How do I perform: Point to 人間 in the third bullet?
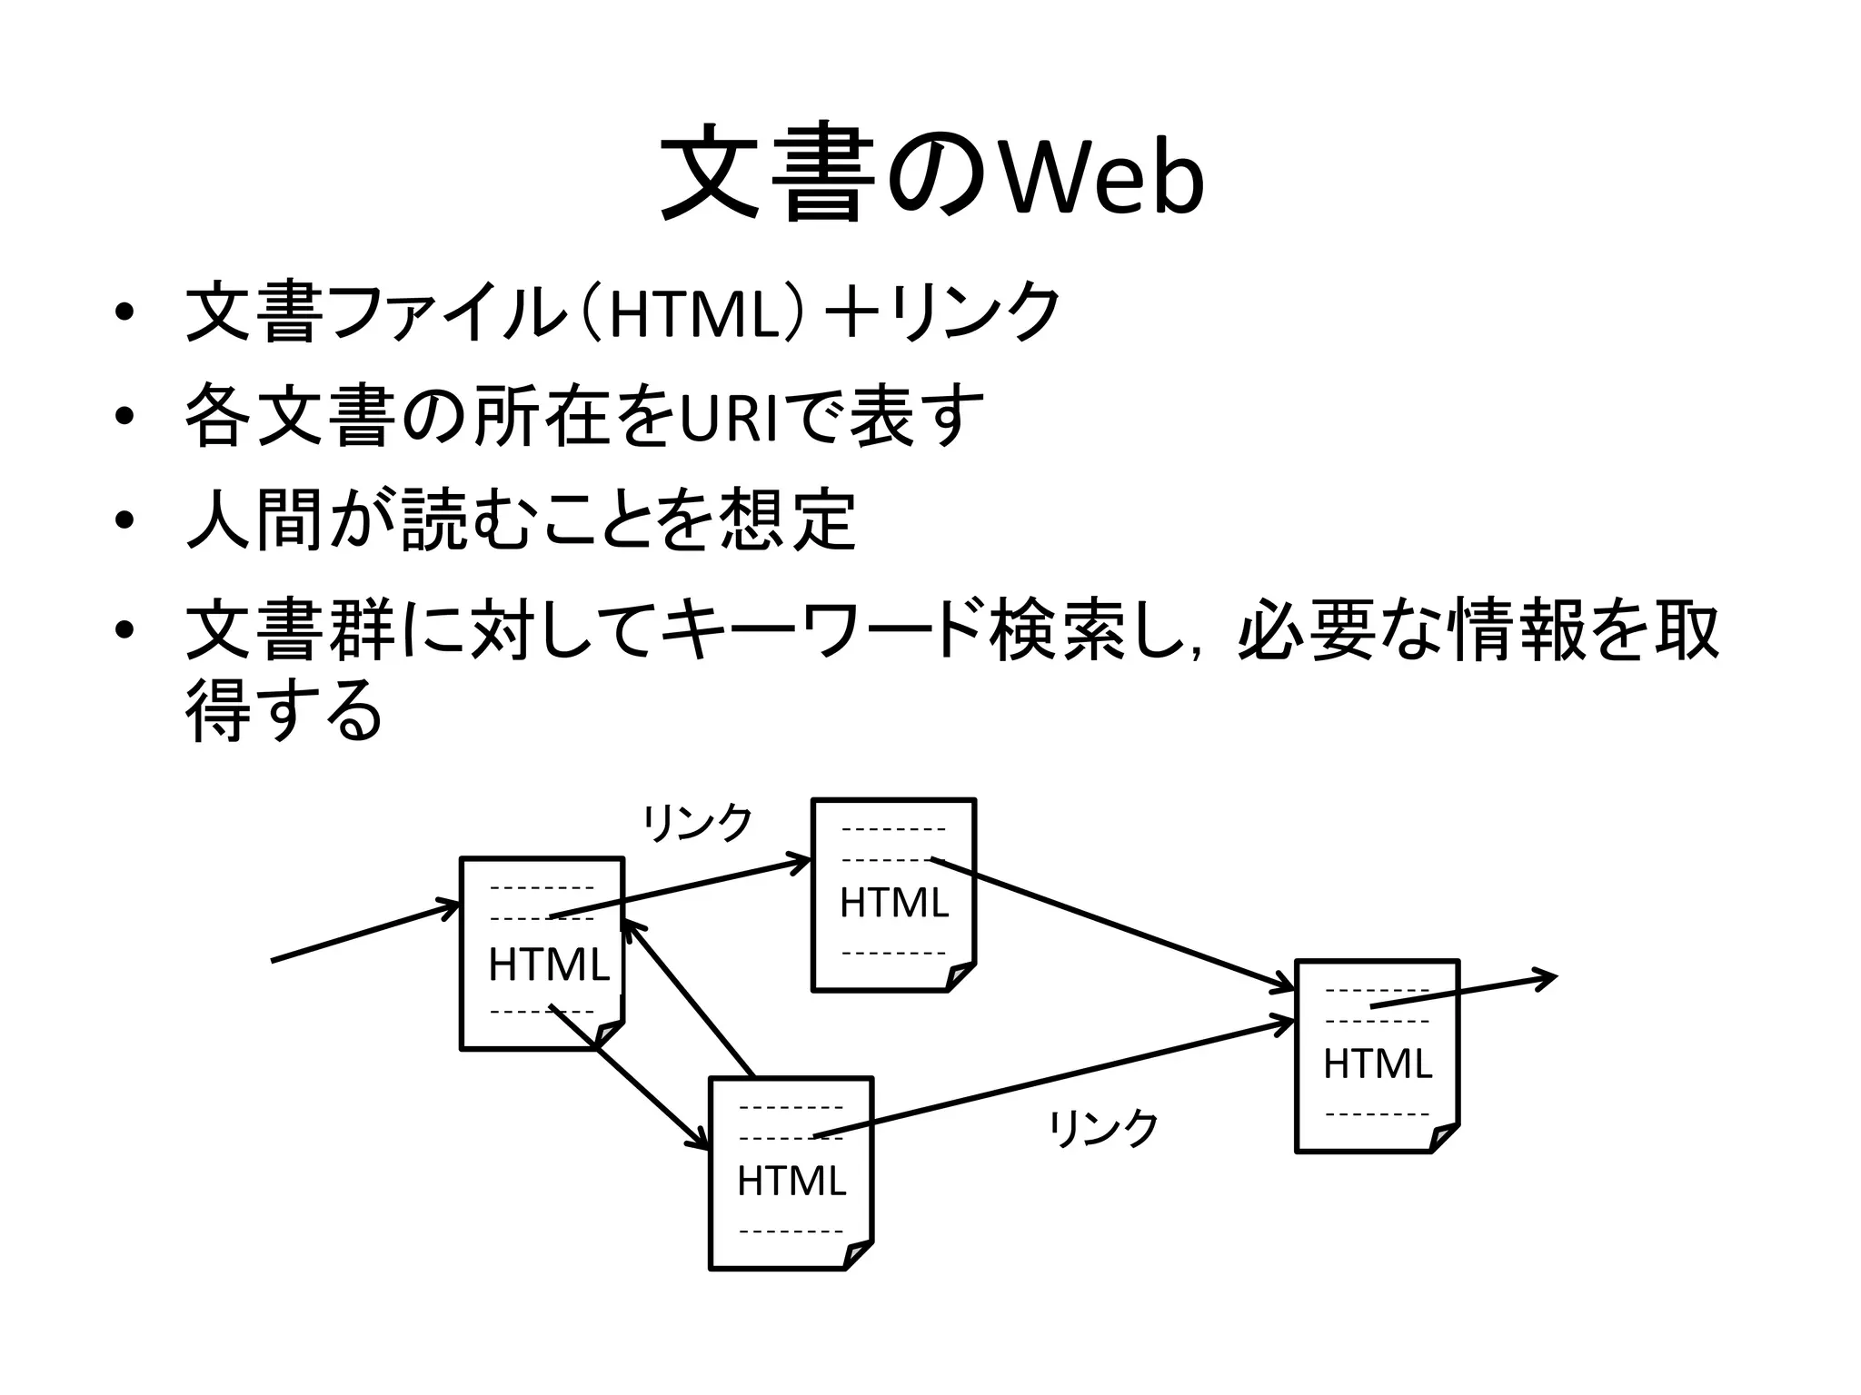pyautogui.click(x=254, y=520)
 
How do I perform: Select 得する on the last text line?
pyautogui.click(x=284, y=710)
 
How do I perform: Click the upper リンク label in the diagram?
pyautogui.click(x=698, y=823)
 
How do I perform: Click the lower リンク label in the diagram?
pyautogui.click(x=1104, y=1129)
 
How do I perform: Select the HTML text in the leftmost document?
pyautogui.click(x=548, y=965)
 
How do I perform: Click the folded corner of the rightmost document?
pyautogui.click(x=1443, y=1137)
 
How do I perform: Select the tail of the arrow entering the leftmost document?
pyautogui.click(x=275, y=960)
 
